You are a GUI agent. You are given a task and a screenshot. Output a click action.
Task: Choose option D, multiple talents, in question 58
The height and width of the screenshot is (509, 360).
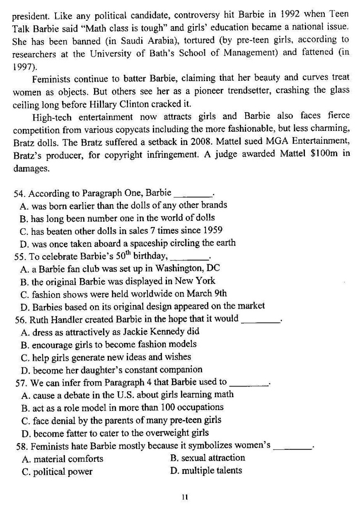click(x=206, y=470)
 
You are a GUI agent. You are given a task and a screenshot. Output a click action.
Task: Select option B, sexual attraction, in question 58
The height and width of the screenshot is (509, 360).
click(x=208, y=458)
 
